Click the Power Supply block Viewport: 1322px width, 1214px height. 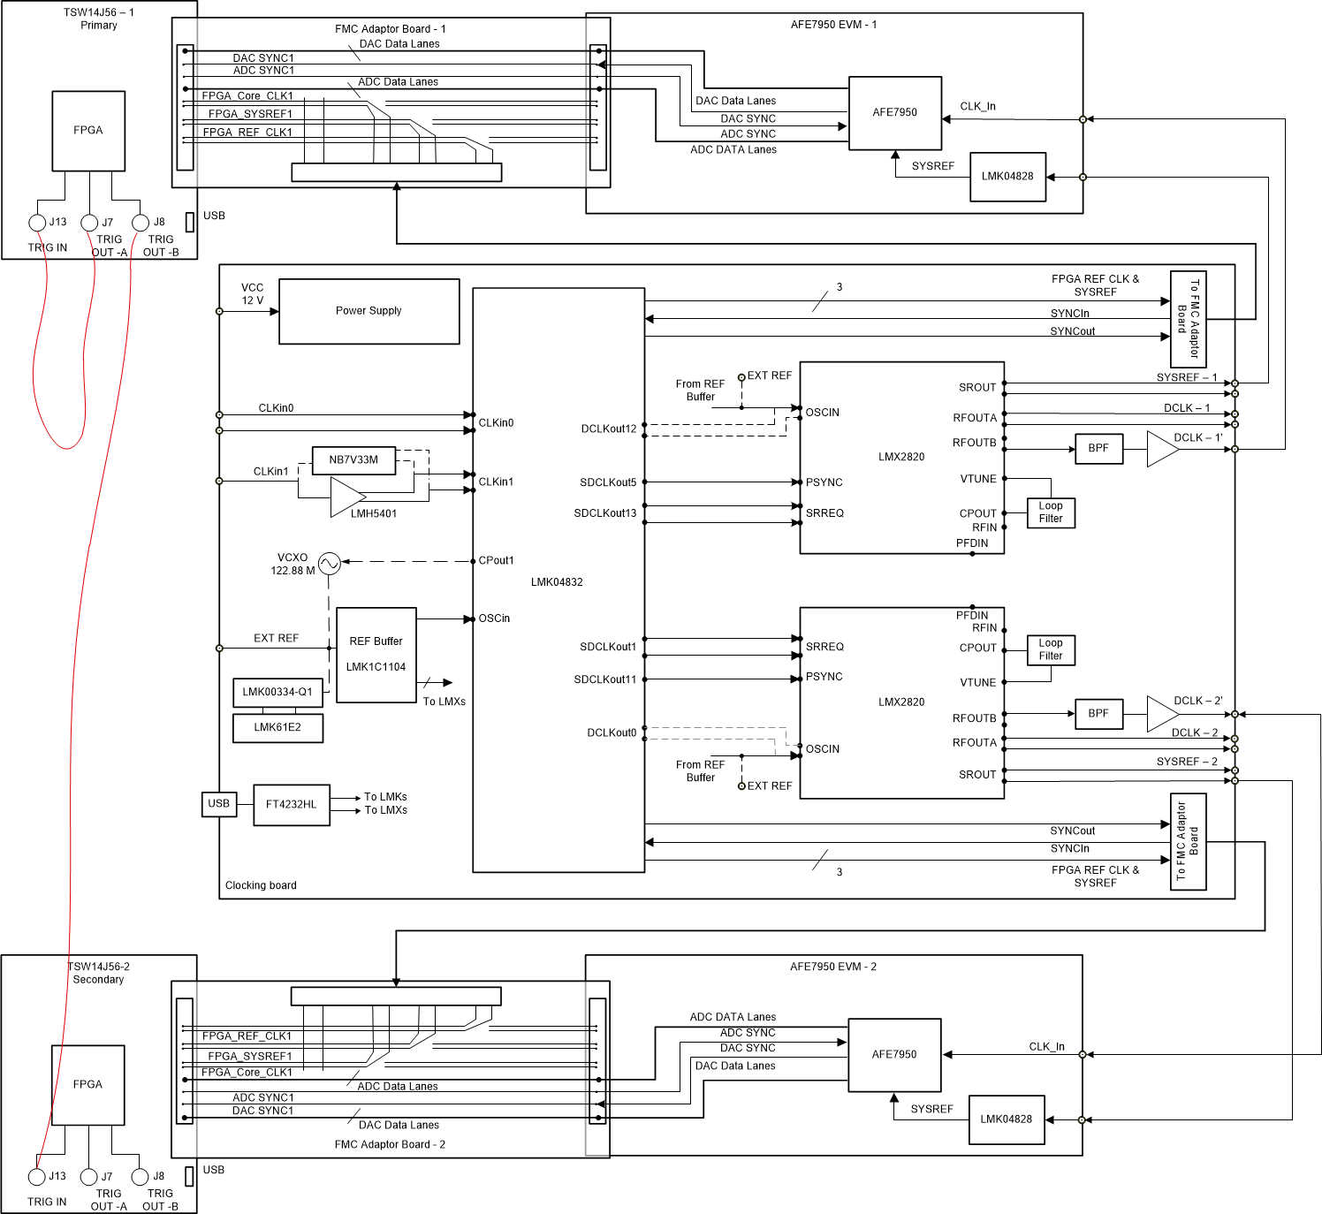click(368, 311)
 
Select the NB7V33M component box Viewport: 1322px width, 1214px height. click(353, 460)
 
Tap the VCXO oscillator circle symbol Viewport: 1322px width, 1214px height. click(329, 564)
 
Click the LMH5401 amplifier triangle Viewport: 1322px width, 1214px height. click(346, 497)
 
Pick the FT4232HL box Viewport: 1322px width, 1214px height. click(291, 805)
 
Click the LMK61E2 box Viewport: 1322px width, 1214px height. click(277, 728)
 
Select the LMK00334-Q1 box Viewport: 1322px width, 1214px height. click(277, 693)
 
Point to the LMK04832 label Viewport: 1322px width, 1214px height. click(557, 582)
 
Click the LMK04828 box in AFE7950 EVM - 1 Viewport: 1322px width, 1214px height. click(1007, 177)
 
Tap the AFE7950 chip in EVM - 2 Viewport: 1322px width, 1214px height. click(894, 1055)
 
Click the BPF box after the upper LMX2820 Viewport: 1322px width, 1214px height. click(1098, 449)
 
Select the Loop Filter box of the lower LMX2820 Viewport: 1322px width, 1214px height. click(1051, 650)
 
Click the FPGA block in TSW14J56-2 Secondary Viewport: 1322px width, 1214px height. click(87, 1085)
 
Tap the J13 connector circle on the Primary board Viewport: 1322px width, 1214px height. click(37, 223)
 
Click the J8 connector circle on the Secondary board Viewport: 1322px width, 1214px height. click(140, 1177)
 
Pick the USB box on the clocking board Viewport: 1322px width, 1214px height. click(218, 804)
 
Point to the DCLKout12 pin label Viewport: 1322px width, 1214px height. click(608, 429)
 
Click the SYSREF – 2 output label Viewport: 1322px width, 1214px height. click(1187, 762)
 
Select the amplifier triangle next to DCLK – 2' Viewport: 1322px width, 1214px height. click(1160, 714)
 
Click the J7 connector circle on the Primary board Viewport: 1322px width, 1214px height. click(89, 223)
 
